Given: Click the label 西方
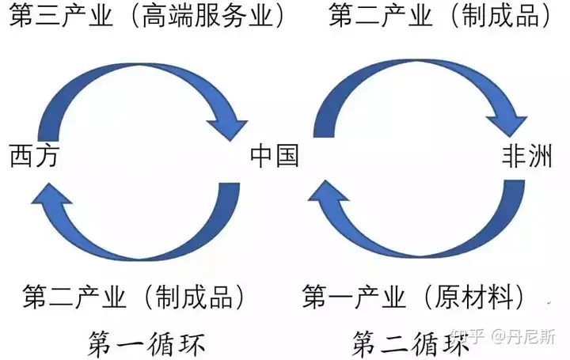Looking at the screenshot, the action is pos(34,156).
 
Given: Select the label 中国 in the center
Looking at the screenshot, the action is pos(275,156).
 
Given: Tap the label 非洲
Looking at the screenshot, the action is pos(527,156).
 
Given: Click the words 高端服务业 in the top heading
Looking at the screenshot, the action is pos(207,16).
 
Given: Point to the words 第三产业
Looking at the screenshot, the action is pos(61,16).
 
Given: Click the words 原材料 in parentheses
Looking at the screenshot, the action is pos(475,297).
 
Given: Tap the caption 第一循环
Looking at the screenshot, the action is pos(146,343).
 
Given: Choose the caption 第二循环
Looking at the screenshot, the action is pos(410,343).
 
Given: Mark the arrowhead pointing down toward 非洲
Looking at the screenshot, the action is pos(508,125).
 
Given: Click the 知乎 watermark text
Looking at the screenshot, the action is pos(467,337).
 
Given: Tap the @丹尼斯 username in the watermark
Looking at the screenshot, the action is pos(523,337).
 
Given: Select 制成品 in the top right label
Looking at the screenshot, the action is pos(500,16).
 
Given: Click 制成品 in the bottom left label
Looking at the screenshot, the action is pos(195,297).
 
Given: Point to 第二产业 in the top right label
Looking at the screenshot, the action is pos(381,16).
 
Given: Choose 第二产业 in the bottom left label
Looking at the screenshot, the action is pos(74,297).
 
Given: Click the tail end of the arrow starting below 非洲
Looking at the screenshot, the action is pos(514,182).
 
